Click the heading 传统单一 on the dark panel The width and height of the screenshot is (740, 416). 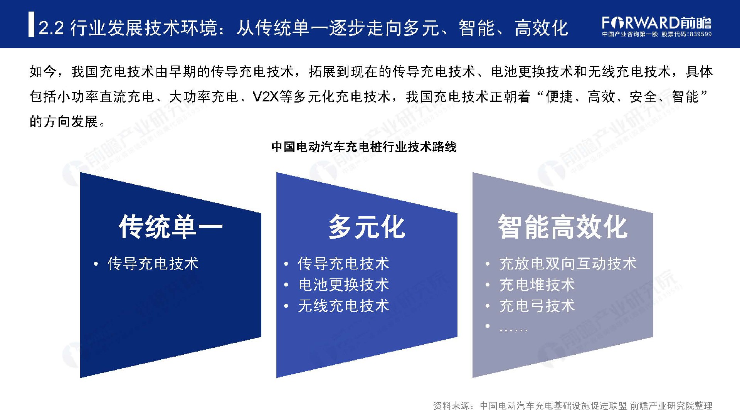click(171, 227)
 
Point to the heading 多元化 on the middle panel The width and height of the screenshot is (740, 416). click(367, 227)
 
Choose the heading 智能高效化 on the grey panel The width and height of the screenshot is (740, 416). click(563, 227)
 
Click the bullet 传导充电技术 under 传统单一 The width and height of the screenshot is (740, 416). click(153, 264)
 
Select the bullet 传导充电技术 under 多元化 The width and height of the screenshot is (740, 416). click(343, 264)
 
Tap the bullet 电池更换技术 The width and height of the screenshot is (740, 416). click(343, 285)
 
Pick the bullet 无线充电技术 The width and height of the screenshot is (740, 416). click(343, 306)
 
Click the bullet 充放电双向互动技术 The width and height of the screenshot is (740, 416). click(568, 264)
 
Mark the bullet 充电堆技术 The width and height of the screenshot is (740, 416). click(537, 285)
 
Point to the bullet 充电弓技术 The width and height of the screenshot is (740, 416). click(537, 306)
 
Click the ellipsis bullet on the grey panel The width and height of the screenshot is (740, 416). click(513, 330)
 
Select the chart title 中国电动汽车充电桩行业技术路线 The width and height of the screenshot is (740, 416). click(364, 147)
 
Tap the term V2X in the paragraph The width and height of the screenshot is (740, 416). click(266, 96)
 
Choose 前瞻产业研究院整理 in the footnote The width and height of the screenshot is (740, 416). click(671, 406)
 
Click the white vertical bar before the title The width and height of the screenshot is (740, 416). click(31, 25)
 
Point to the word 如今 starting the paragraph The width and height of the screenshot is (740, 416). click(43, 72)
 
